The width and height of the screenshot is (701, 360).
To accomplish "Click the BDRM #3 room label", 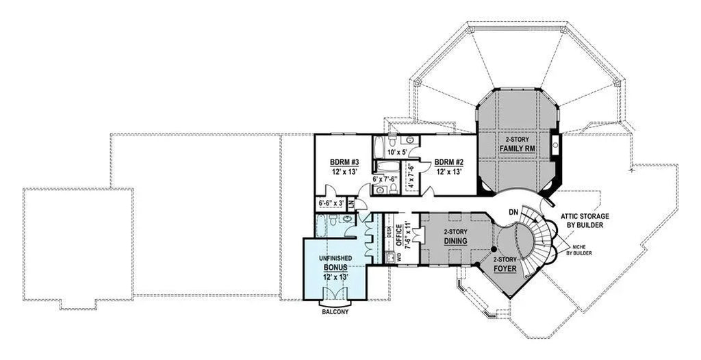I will coord(344,162).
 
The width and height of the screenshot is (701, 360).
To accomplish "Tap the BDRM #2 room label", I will coord(449,162).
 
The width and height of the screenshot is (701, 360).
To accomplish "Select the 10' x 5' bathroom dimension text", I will coord(398,152).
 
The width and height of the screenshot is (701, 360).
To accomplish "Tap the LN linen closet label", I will coord(350,203).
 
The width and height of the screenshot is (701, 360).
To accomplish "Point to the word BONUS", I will coord(335,268).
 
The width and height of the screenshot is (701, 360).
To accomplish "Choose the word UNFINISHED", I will coord(335,258).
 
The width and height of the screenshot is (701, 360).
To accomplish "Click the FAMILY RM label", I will coord(517,148).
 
